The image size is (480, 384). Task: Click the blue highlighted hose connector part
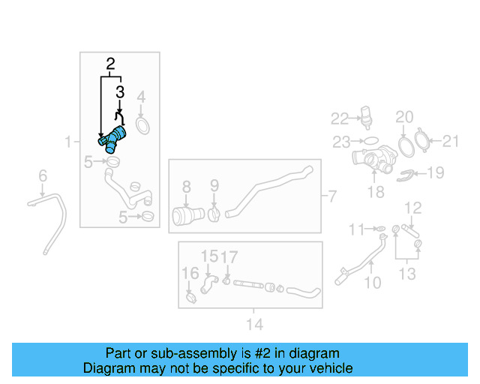click(x=112, y=139)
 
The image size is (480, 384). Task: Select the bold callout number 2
click(x=110, y=64)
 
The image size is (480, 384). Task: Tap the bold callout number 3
click(x=120, y=91)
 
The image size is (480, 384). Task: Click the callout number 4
click(x=141, y=97)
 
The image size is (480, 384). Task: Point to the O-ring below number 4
click(x=142, y=126)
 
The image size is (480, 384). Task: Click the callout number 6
click(x=43, y=175)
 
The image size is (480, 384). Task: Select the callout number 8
click(x=187, y=187)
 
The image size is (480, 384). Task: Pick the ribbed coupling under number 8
click(x=188, y=215)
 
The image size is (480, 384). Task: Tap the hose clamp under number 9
click(x=214, y=214)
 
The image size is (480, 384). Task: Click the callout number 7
click(x=332, y=196)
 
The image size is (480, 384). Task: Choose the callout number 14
click(x=255, y=324)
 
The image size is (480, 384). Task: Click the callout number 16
click(x=190, y=273)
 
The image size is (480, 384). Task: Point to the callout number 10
click(x=373, y=283)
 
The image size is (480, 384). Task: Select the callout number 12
click(x=413, y=208)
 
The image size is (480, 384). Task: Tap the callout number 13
click(x=407, y=274)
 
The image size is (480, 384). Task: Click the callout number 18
click(x=376, y=192)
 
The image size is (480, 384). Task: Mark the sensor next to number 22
click(x=366, y=116)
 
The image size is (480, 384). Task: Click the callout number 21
click(x=451, y=141)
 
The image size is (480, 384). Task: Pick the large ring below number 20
click(x=406, y=147)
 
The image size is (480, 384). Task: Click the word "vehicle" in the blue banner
click(x=334, y=367)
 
